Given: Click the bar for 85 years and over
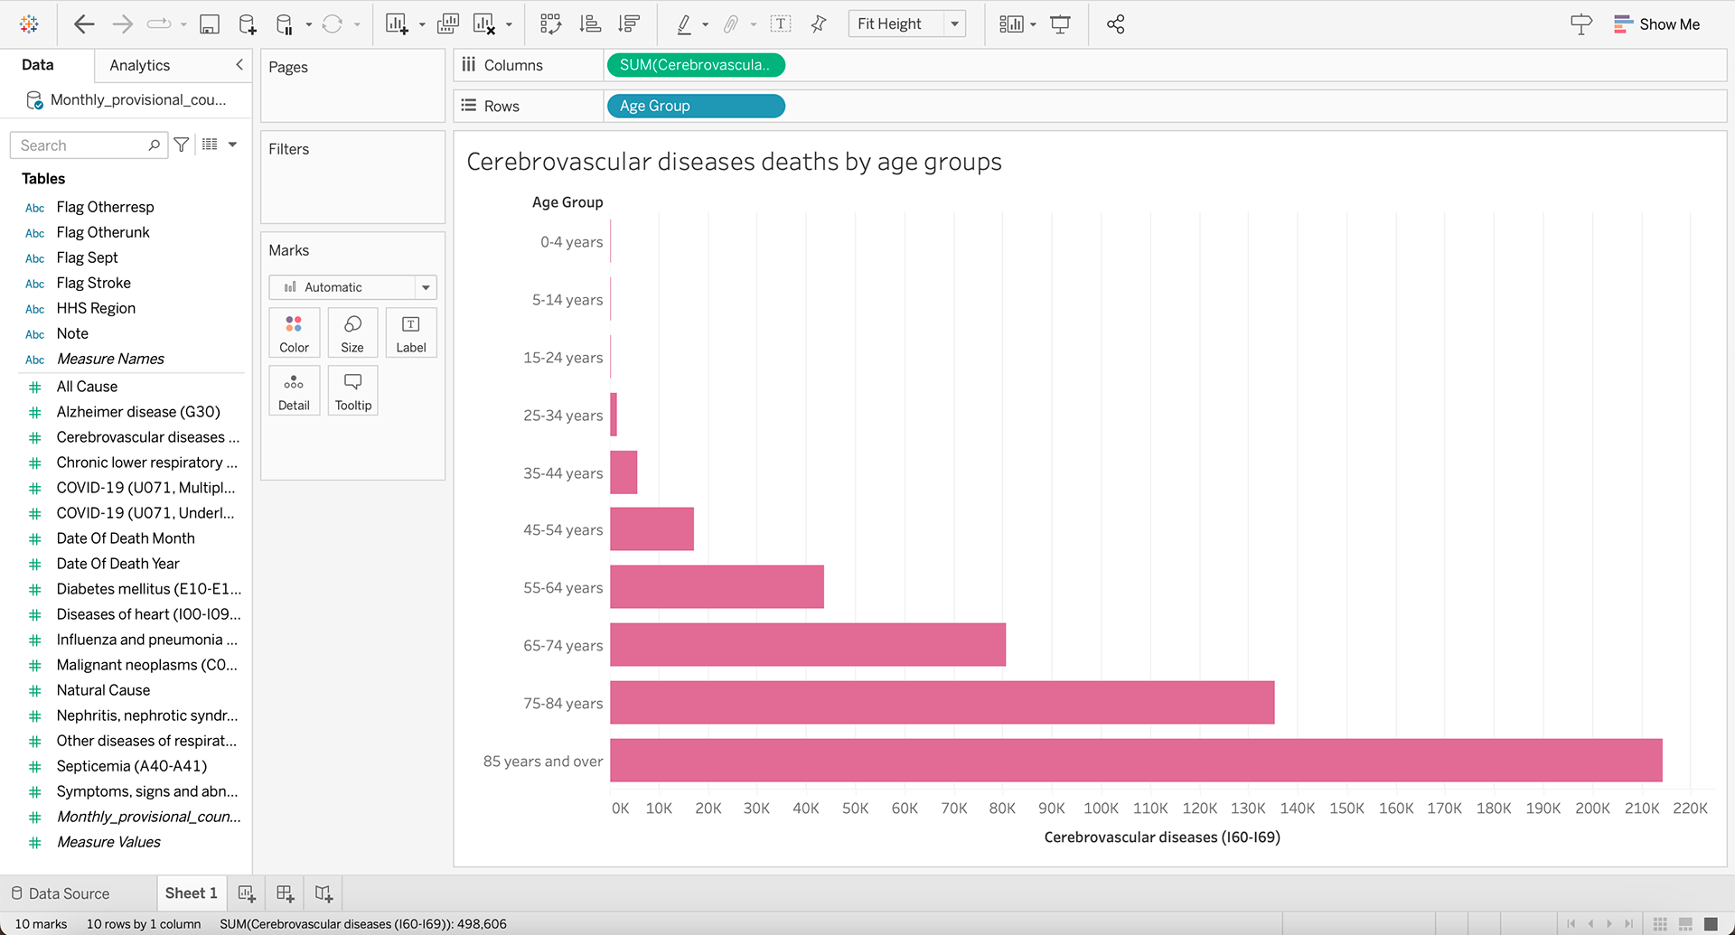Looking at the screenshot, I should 1135,760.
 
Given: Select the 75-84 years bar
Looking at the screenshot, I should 942,702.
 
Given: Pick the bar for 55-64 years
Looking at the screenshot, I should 717,586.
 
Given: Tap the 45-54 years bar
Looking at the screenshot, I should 652,528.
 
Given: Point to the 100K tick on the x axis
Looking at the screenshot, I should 1101,809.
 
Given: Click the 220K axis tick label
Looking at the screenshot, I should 1690,809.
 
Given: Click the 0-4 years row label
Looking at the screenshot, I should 571,242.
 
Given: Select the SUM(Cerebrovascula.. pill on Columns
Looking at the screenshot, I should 695,65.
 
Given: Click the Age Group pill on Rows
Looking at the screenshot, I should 695,106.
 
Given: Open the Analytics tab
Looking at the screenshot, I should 139,65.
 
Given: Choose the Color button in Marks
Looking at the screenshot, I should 294,332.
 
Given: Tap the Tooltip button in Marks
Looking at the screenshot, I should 352,390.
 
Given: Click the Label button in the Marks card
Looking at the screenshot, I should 410,332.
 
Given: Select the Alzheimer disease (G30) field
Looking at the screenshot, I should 138,412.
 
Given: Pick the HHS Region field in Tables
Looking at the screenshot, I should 96,308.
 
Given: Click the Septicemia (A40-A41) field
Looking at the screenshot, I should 132,766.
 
